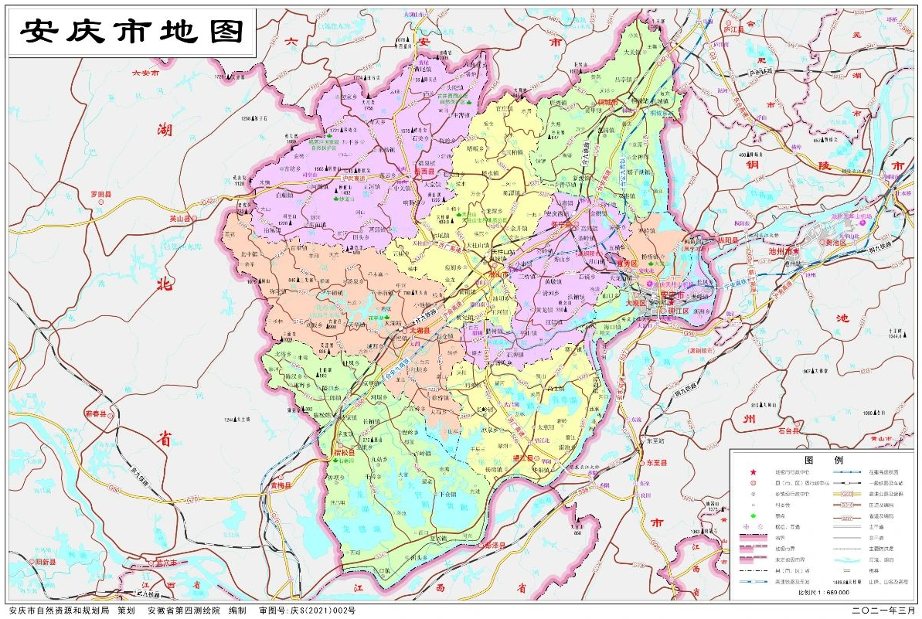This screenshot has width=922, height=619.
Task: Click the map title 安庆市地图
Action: [x=132, y=32]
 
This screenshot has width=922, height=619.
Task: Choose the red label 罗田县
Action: [x=100, y=194]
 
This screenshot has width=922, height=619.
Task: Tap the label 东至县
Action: [x=657, y=464]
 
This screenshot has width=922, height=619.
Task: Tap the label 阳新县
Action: [x=42, y=561]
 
